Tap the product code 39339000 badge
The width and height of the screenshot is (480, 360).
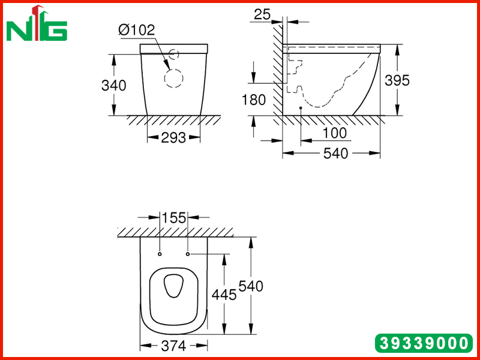pyautogui.click(x=424, y=343)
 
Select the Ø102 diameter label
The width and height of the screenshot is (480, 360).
pyautogui.click(x=137, y=30)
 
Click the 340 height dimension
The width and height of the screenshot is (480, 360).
pyautogui.click(x=113, y=85)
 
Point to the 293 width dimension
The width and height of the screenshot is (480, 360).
pyautogui.click(x=173, y=138)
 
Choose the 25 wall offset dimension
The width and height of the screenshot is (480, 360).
pyautogui.click(x=262, y=14)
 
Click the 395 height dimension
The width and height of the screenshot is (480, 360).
pyautogui.click(x=397, y=80)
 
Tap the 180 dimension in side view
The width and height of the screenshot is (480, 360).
pyautogui.click(x=254, y=100)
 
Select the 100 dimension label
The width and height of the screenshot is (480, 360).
pyautogui.click(x=335, y=133)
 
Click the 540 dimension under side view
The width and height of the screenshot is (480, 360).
pyautogui.click(x=336, y=154)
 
